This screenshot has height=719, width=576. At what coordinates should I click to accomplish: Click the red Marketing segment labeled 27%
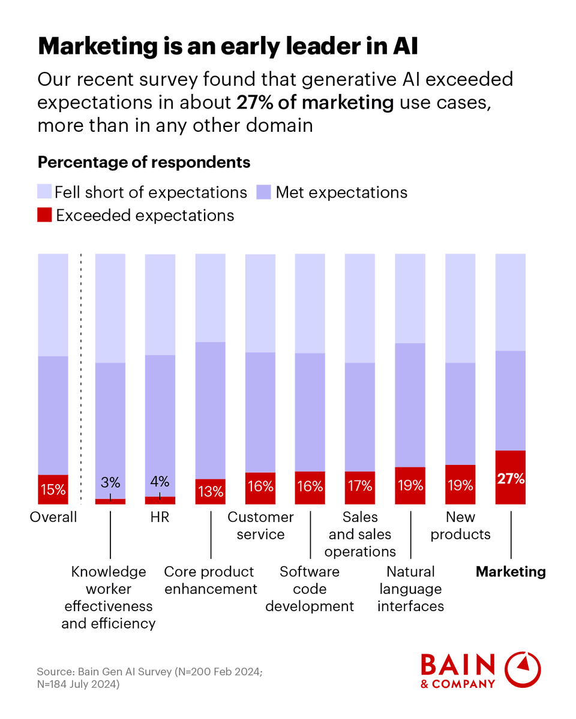pyautogui.click(x=510, y=478)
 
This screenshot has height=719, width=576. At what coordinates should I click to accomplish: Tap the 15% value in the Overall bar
pyautogui.click(x=53, y=490)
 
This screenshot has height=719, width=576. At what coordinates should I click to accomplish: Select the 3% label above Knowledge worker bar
pyautogui.click(x=110, y=482)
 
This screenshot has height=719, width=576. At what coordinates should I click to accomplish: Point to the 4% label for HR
pyautogui.click(x=160, y=482)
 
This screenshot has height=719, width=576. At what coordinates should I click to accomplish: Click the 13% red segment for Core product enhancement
pyautogui.click(x=211, y=491)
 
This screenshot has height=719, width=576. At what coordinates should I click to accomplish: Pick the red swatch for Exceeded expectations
pyautogui.click(x=44, y=215)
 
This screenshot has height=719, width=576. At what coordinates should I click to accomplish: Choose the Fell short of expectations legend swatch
pyautogui.click(x=44, y=192)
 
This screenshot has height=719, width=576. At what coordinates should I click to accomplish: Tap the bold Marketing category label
pyautogui.click(x=511, y=572)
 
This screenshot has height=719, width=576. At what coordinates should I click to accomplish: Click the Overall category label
pyautogui.click(x=53, y=517)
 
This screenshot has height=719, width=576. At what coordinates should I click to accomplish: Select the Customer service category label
pyautogui.click(x=260, y=525)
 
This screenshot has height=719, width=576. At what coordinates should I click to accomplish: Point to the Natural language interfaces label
pyautogui.click(x=410, y=588)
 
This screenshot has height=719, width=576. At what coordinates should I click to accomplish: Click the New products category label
pyautogui.click(x=461, y=525)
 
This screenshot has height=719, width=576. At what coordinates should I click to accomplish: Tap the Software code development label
pyautogui.click(x=310, y=588)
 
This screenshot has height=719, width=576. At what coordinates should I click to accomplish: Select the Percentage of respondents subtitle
pyautogui.click(x=144, y=162)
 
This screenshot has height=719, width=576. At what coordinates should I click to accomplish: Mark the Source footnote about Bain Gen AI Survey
pyautogui.click(x=150, y=678)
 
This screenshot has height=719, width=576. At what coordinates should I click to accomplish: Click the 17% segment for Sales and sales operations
pyautogui.click(x=360, y=487)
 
